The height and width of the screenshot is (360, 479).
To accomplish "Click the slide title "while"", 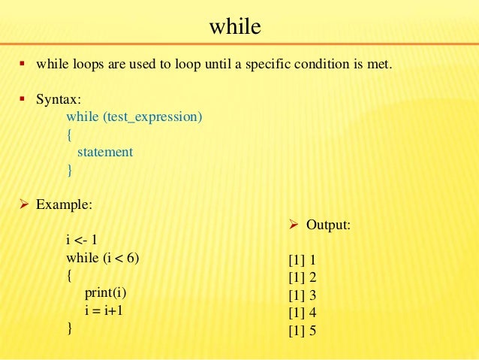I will pos(235,28).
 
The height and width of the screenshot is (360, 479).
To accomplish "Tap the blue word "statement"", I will pos(105,152).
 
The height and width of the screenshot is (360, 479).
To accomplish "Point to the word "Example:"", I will pos(65,204).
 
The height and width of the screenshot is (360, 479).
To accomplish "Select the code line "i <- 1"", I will pos(82,241).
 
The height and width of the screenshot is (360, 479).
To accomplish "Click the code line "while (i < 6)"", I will pos(103,258).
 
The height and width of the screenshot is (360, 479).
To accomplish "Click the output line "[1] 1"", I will pos(302,260).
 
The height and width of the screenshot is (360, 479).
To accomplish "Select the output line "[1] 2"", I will pos(302,277).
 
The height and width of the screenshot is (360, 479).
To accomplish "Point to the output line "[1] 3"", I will pos(302,295).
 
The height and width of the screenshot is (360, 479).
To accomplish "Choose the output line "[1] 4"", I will pos(302,312).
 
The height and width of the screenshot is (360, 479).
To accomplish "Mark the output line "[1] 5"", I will pos(302,329).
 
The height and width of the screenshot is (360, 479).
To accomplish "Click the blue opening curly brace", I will pos(69,135).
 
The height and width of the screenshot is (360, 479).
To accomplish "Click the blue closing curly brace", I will pos(69,170).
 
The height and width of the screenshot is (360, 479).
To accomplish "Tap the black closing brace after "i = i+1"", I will pos(69,328).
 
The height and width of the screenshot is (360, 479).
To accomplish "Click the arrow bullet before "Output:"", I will pos(294,225).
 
